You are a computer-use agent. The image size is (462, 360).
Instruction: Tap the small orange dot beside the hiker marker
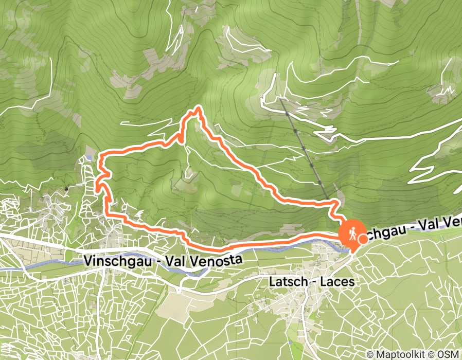coord(363,238)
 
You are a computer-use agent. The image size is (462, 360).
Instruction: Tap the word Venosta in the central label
coord(218,261)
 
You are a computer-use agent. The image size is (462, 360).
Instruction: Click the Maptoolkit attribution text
coord(407,354)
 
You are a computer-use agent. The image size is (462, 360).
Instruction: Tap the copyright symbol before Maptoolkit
coord(371,354)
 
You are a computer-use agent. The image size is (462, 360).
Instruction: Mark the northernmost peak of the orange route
coord(197,109)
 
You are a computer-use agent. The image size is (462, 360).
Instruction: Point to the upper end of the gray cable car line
coord(281,98)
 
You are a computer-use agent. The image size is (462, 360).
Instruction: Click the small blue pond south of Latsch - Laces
coord(293,340)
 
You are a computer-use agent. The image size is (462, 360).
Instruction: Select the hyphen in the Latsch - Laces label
coord(310,282)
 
